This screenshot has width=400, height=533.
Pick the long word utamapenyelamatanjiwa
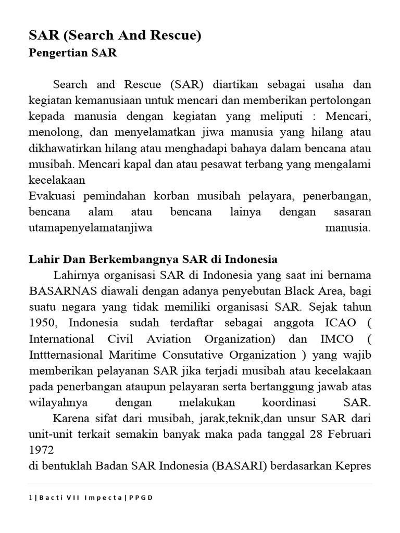(x=90, y=228)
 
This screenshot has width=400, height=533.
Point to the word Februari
(x=347, y=434)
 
